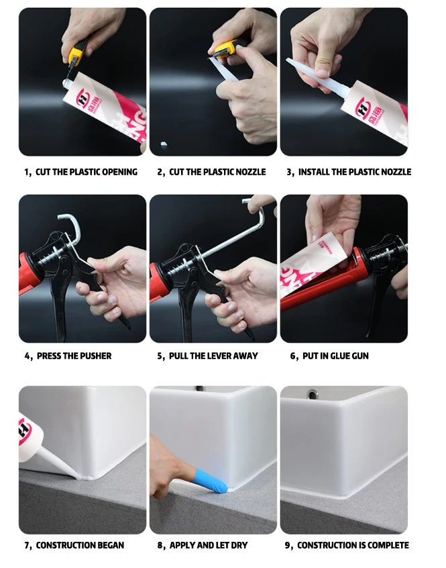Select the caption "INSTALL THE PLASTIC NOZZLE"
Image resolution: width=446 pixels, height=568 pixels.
(354, 172)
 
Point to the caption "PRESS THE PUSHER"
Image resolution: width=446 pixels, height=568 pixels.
(74, 356)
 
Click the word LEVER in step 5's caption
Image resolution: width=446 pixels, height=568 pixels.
(222, 356)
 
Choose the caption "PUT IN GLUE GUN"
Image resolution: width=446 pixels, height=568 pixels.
(335, 356)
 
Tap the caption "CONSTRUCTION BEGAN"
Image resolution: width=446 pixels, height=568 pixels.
(79, 545)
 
